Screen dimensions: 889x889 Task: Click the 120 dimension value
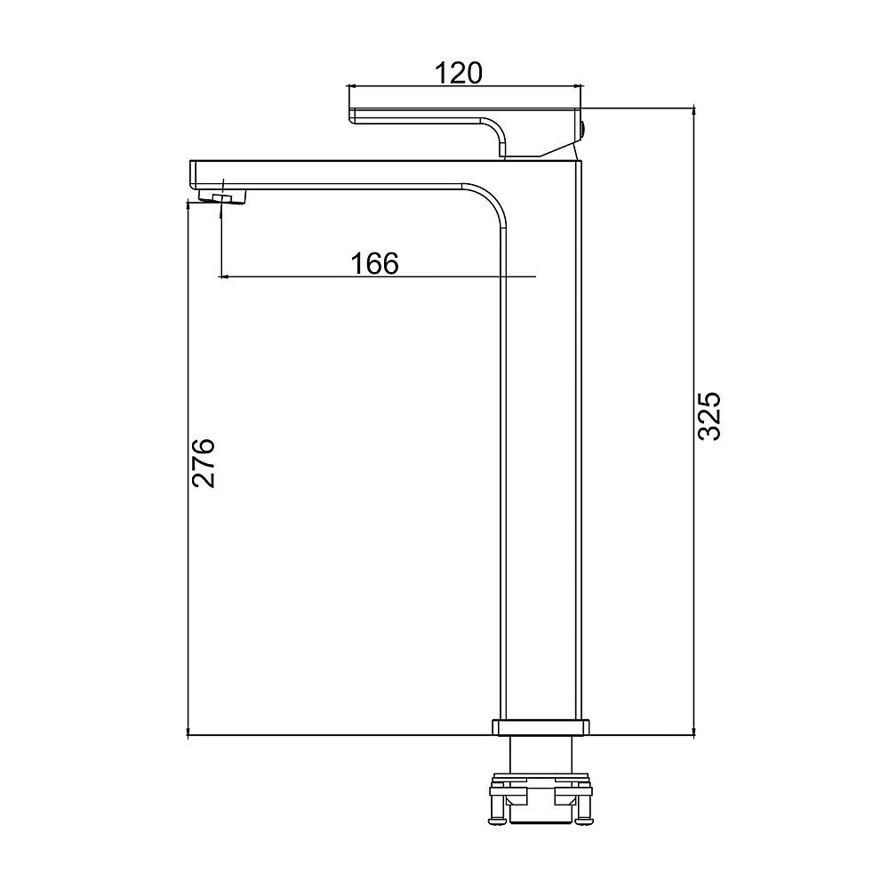click(458, 73)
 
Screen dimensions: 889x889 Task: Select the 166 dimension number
click(375, 264)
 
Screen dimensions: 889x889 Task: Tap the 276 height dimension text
click(203, 462)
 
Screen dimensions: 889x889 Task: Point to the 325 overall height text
click(709, 416)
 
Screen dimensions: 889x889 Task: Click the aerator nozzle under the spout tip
click(223, 196)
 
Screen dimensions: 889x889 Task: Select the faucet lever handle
click(465, 132)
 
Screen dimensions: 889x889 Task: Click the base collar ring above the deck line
click(541, 727)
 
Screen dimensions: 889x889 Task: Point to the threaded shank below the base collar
click(541, 754)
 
